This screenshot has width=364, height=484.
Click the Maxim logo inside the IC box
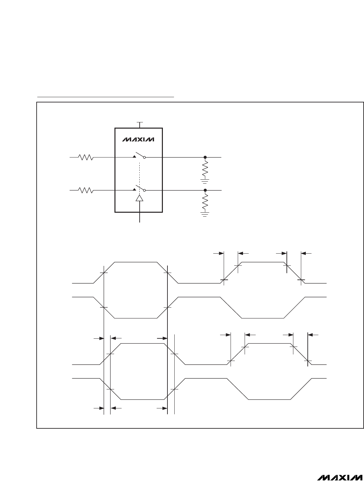point(138,140)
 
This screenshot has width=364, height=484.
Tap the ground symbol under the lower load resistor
point(205,214)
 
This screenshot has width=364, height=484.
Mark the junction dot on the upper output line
point(205,157)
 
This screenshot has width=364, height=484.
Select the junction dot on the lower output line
point(205,190)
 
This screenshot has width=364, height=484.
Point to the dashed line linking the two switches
point(140,173)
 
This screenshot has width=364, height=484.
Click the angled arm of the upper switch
point(140,154)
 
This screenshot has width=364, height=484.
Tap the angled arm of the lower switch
point(140,187)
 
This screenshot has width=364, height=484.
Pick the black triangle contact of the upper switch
point(134,157)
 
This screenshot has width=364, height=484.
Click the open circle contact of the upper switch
point(145,157)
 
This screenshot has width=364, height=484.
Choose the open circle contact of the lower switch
point(145,190)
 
